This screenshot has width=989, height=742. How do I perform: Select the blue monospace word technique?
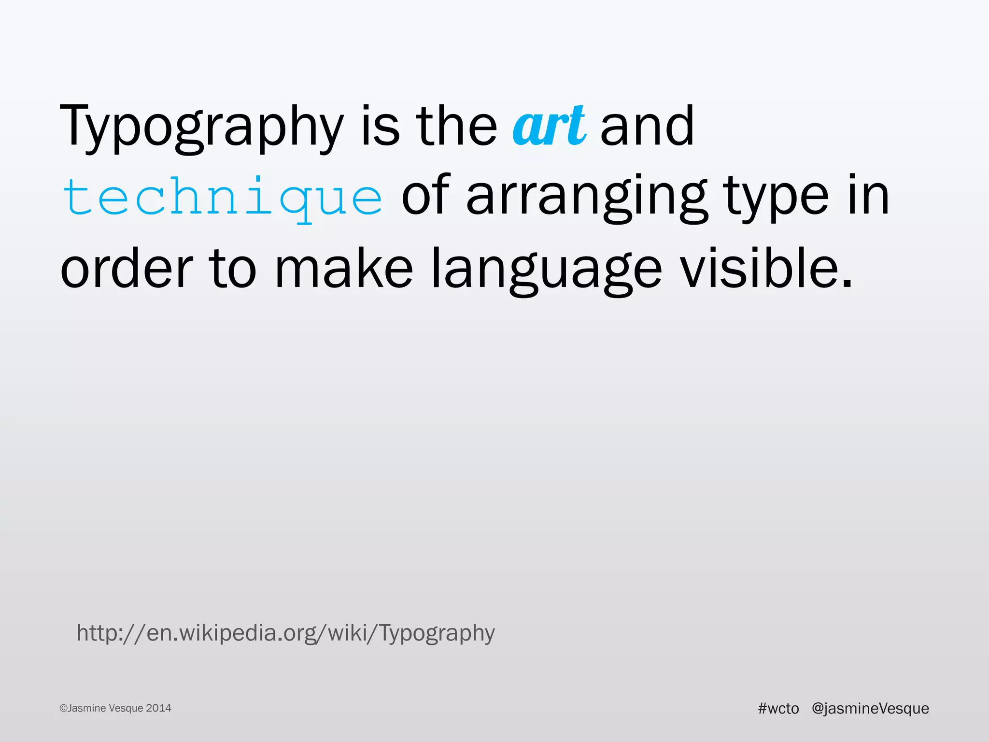tap(223, 198)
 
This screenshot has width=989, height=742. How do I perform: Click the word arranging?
tap(587, 198)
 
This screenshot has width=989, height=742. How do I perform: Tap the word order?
tap(127, 268)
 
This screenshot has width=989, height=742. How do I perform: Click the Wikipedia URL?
tap(286, 633)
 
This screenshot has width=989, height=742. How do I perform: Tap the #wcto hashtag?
tap(778, 708)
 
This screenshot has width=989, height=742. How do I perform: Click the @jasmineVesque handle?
tap(870, 708)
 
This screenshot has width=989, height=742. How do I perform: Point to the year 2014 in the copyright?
tap(158, 708)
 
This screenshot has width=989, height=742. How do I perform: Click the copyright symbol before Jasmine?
tap(63, 709)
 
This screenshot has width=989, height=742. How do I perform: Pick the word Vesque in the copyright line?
tap(126, 708)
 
